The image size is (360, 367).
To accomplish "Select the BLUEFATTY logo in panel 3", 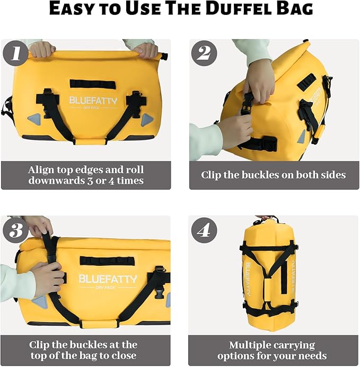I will click(108, 279).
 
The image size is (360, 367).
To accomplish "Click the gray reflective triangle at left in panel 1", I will click(34, 119).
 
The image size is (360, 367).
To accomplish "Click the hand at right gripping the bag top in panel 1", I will click(145, 50).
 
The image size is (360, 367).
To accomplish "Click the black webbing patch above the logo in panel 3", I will click(100, 261).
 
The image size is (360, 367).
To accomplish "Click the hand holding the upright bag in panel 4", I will click(265, 218).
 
